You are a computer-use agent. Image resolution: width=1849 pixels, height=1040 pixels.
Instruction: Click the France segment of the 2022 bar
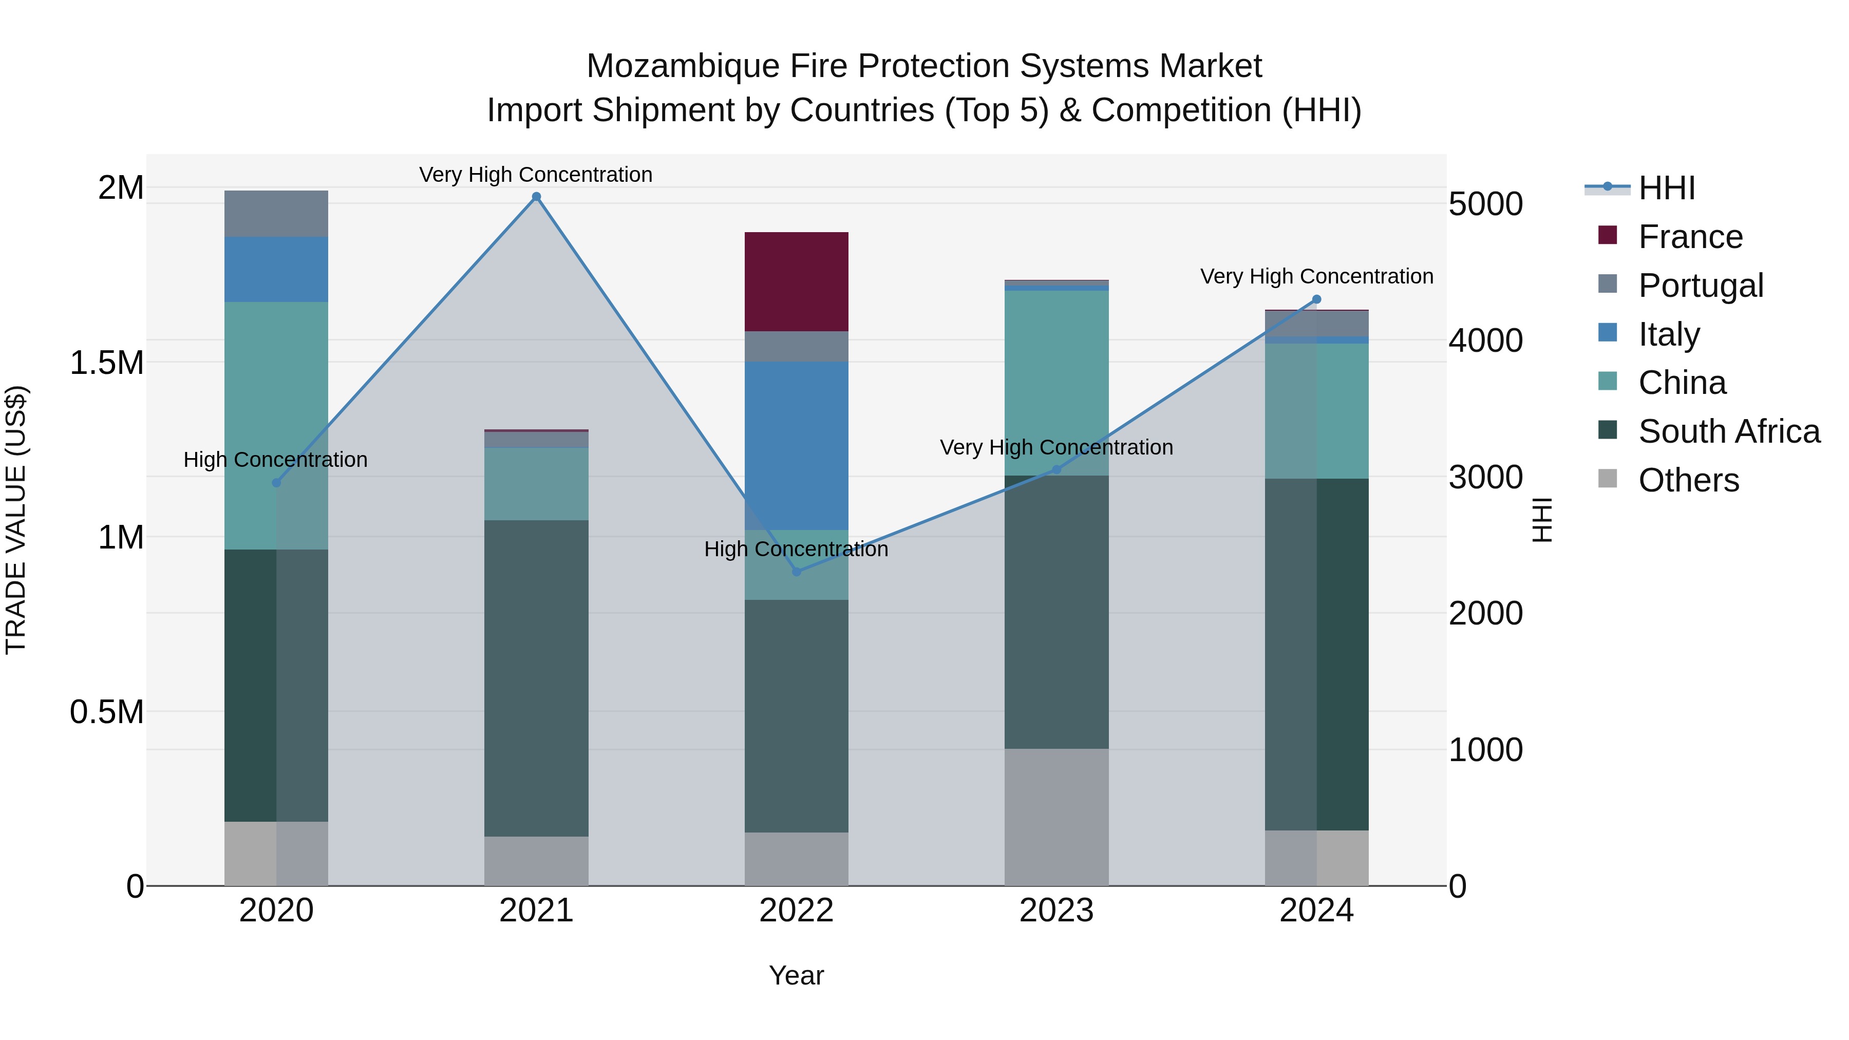point(796,281)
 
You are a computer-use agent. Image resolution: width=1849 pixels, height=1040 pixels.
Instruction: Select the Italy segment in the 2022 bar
point(796,445)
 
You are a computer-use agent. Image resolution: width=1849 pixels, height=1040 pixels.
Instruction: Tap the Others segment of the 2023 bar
point(1056,817)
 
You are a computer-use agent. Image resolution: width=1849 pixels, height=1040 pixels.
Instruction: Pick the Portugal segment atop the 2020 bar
point(276,214)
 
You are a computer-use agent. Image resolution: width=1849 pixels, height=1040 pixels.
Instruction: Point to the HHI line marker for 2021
point(536,197)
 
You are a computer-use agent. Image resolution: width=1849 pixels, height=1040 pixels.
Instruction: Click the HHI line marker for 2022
point(796,571)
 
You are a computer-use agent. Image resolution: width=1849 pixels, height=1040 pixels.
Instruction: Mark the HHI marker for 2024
point(1316,299)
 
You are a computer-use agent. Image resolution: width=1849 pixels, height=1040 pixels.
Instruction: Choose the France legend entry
point(1690,237)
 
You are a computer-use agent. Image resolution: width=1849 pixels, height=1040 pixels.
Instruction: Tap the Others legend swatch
point(1608,479)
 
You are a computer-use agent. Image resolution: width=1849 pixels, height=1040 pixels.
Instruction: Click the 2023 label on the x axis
point(1056,911)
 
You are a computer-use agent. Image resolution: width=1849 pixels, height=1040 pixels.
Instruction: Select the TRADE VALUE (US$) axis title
point(16,520)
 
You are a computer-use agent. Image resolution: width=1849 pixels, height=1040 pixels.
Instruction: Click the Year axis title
point(796,975)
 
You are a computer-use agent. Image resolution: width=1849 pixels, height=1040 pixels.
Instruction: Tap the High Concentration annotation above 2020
point(276,459)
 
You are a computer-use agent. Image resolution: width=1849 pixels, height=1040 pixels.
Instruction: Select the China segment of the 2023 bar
point(1056,383)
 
